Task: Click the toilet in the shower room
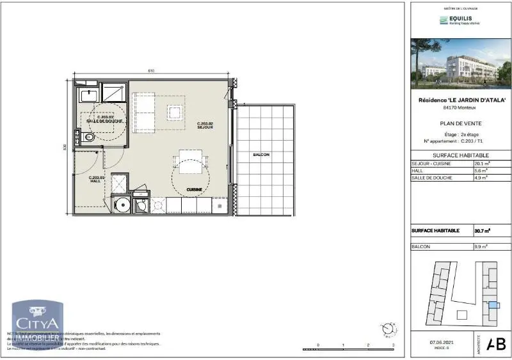(x=88, y=136)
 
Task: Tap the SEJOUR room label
(x=205, y=125)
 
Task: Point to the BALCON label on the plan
(x=261, y=155)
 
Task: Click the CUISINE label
(x=195, y=190)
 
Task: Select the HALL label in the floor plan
(x=95, y=179)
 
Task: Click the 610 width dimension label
(x=151, y=70)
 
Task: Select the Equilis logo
(x=459, y=20)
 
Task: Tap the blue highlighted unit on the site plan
(x=493, y=305)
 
